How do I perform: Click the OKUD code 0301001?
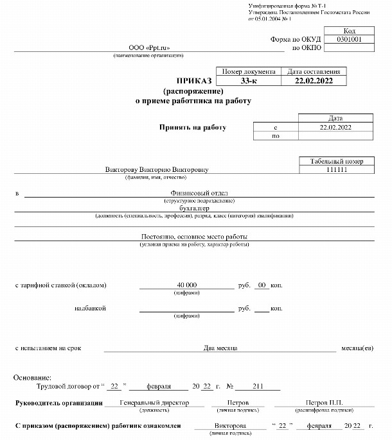click(x=349, y=39)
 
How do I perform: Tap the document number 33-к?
click(x=249, y=81)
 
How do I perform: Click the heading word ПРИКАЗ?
click(x=194, y=81)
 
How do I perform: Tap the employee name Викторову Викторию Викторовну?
click(x=157, y=169)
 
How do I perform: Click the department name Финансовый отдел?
click(x=199, y=193)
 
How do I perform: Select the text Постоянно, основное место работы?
click(x=194, y=237)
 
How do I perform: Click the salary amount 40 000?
click(x=186, y=284)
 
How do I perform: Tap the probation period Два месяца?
click(x=221, y=348)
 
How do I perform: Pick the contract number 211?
click(x=258, y=387)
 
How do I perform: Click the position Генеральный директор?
click(x=154, y=403)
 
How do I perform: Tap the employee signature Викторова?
click(x=229, y=426)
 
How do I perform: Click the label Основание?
click(x=28, y=378)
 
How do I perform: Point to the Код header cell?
click(x=349, y=31)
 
